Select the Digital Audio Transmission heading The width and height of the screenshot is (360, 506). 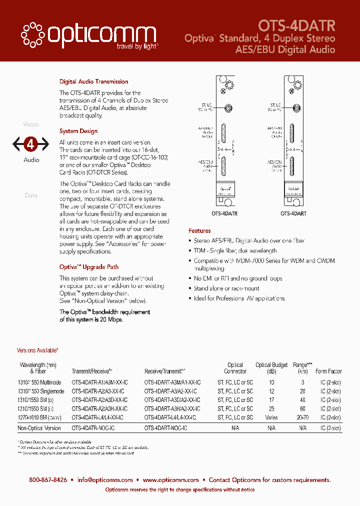tap(93, 81)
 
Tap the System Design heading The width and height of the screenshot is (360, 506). tap(78, 131)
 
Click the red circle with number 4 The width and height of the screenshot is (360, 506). tap(31, 144)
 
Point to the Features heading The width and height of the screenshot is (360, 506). tap(199, 231)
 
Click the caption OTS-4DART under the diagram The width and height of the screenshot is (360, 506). tap(293, 213)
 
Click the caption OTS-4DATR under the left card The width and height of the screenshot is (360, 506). tap(224, 213)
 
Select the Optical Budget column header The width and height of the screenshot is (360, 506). tap(271, 368)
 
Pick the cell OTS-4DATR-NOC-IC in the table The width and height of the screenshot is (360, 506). tap(93, 428)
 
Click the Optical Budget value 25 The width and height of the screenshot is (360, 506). tap(271, 409)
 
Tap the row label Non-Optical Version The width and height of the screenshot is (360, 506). tap(39, 428)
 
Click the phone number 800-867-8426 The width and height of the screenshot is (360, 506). tap(48, 480)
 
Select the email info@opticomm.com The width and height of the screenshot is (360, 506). tap(105, 480)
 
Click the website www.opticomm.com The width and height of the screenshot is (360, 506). tap(170, 480)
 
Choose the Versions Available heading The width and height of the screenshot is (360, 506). tap(37, 351)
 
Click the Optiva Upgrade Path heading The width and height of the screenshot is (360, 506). tap(89, 267)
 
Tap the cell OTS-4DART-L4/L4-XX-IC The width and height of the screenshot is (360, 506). tap(170, 417)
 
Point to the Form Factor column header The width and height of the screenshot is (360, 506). tap(328, 371)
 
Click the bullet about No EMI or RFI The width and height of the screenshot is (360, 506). tap(238, 278)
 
